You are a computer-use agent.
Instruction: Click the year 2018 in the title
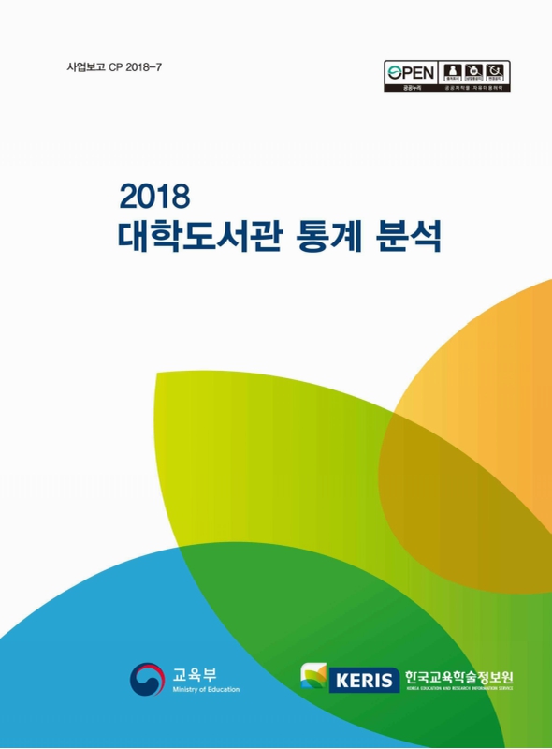155,196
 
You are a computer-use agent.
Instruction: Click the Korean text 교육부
194,672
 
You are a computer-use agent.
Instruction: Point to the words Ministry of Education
206,690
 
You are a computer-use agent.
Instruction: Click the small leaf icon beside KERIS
314,676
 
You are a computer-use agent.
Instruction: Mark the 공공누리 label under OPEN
407,88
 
